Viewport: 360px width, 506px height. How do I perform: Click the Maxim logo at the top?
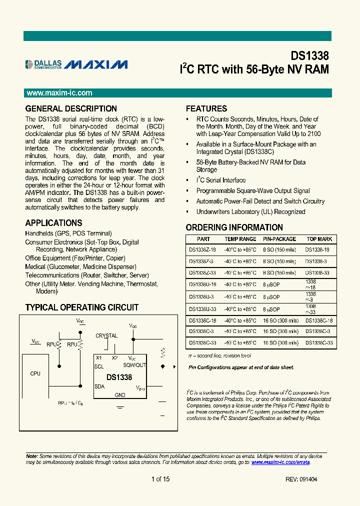pyautogui.click(x=96, y=64)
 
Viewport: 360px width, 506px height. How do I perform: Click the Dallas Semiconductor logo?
pyautogui.click(x=43, y=64)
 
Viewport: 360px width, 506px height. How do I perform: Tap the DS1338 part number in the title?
pyautogui.click(x=310, y=56)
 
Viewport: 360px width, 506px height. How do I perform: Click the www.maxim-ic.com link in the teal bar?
pyautogui.click(x=59, y=93)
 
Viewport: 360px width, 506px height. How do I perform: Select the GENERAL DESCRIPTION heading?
pyautogui.click(x=71, y=108)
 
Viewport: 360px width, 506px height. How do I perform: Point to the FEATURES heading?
pyautogui.click(x=206, y=108)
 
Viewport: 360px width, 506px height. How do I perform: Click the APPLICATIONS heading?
pyautogui.click(x=53, y=223)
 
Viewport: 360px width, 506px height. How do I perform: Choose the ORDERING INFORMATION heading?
pyautogui.click(x=234, y=227)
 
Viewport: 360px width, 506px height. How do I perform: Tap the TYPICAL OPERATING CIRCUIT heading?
pyautogui.click(x=81, y=307)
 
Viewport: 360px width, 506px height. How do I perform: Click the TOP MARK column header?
pyautogui.click(x=319, y=239)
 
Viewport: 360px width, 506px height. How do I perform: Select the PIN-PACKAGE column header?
pyautogui.click(x=279, y=239)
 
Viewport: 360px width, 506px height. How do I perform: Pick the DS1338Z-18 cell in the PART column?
pyautogui.click(x=202, y=249)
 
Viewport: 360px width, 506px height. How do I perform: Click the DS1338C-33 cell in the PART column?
pyautogui.click(x=202, y=343)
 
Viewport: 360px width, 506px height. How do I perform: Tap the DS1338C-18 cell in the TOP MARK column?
pyautogui.click(x=319, y=320)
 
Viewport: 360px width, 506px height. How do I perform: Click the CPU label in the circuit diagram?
pyautogui.click(x=35, y=373)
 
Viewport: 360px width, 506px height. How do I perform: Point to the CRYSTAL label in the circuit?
pyautogui.click(x=106, y=335)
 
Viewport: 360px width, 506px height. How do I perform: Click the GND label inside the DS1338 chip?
pyautogui.click(x=120, y=395)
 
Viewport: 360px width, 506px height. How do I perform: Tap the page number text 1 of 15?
pyautogui.click(x=160, y=479)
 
